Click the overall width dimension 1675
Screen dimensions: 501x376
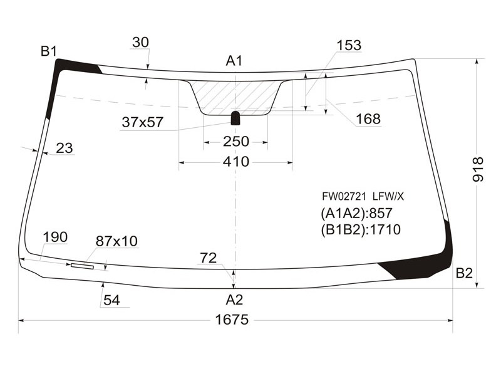232,320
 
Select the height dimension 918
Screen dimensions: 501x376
478,169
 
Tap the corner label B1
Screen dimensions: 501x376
49,51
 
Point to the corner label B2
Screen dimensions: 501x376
464,273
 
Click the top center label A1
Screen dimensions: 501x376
234,61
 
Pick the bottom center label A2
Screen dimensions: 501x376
234,300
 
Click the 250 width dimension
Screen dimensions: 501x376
236,142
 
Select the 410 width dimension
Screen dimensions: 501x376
236,162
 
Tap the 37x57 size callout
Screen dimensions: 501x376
143,122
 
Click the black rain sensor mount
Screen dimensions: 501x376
235,118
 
